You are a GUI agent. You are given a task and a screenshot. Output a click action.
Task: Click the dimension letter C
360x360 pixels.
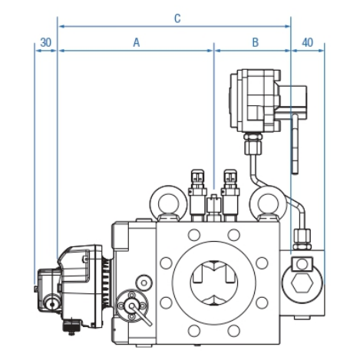tap(177, 18)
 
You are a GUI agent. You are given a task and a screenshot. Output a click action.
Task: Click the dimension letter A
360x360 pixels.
tap(137, 42)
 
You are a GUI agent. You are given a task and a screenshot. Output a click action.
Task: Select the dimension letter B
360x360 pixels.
tap(255, 42)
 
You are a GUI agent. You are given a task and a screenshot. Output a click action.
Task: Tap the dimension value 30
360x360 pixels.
tap(46, 42)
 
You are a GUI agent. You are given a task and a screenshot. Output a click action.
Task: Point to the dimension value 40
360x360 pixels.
tap(307, 42)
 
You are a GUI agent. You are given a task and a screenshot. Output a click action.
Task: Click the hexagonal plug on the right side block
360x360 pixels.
tap(302, 284)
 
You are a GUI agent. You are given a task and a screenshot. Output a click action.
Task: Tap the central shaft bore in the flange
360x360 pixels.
tap(214, 283)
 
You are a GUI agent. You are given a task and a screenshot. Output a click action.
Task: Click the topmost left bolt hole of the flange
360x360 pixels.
tap(193, 235)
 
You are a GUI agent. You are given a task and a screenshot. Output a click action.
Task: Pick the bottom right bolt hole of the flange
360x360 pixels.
tap(233, 331)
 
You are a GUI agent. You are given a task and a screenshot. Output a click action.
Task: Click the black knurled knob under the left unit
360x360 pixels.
tap(71, 325)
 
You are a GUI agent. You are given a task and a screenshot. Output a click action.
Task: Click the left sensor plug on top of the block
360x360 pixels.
tap(197, 194)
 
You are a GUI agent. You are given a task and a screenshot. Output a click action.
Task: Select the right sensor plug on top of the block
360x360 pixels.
tap(230, 194)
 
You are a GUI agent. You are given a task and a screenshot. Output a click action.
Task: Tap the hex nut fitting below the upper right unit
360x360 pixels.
tap(253, 144)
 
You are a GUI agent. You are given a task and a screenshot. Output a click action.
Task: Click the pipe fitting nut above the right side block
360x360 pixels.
tap(302, 239)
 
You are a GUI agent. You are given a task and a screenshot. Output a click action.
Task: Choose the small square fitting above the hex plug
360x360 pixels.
tap(302, 264)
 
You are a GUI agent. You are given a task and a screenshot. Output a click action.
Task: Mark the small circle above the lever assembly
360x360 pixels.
tap(144, 282)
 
